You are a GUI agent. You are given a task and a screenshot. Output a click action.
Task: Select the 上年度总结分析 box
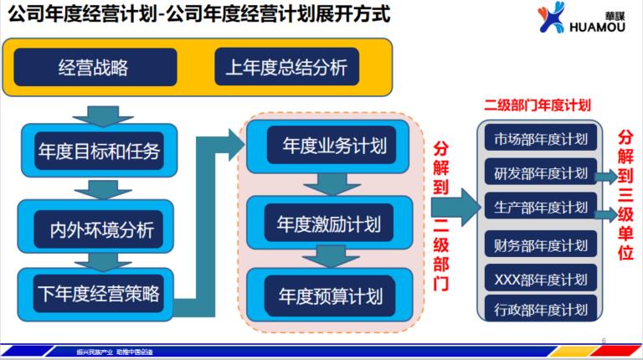pyautogui.click(x=286, y=67)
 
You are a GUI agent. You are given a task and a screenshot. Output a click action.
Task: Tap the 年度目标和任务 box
pyautogui.click(x=99, y=152)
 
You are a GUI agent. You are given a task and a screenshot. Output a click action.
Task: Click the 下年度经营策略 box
pyautogui.click(x=99, y=293)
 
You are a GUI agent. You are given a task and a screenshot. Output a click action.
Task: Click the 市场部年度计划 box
pyautogui.click(x=540, y=139)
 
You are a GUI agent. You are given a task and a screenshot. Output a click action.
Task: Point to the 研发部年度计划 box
pyautogui.click(x=540, y=172)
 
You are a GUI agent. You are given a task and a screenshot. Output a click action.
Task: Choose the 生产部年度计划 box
pyautogui.click(x=540, y=206)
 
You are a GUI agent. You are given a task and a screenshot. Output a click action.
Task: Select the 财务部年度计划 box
pyautogui.click(x=540, y=245)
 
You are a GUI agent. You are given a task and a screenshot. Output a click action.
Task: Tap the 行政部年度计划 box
pyautogui.click(x=540, y=309)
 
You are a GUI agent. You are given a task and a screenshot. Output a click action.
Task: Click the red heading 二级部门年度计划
pyautogui.click(x=538, y=105)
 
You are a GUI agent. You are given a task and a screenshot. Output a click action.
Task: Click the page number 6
pyautogui.click(x=604, y=339)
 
